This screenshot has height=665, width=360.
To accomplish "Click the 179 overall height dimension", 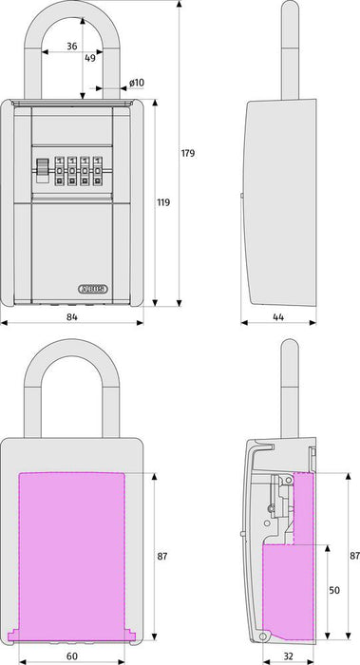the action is coord(188,153).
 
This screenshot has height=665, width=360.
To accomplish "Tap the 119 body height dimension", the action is coord(163,202).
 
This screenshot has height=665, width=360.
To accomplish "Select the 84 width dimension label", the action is coord(72,316).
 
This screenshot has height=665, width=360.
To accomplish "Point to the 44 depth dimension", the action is coord(278,316).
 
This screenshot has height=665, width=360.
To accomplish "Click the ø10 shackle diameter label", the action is coord(137,83).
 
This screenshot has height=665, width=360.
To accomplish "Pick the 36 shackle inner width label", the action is coord(72,47).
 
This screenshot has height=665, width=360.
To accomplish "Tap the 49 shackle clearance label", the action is coord(90,58).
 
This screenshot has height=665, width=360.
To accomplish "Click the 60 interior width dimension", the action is coord(72,656).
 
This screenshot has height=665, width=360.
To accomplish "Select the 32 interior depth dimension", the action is coord(288,656).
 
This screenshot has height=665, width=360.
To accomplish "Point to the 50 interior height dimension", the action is coord(334,590).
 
